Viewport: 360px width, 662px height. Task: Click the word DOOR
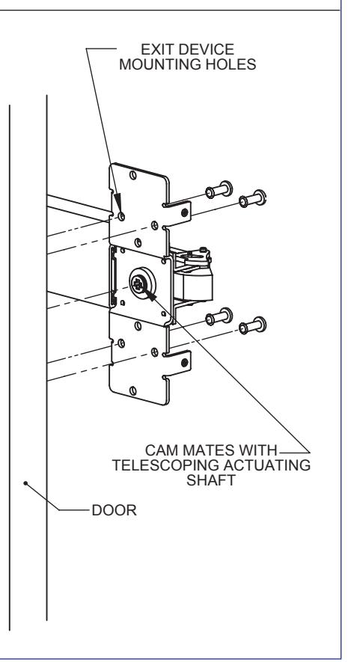(114, 510)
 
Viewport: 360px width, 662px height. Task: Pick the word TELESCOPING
(165, 465)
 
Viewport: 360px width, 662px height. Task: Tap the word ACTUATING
(266, 465)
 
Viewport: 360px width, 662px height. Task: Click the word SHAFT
(211, 480)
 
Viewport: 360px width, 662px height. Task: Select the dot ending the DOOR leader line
(25, 483)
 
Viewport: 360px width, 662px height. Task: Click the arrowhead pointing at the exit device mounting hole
(118, 203)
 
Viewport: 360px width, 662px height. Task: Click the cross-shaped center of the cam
(137, 285)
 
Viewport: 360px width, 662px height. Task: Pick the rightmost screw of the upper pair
(253, 198)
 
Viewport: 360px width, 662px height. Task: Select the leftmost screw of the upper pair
(219, 189)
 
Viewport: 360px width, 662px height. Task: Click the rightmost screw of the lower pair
(253, 325)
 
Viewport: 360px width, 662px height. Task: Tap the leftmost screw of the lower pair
(219, 316)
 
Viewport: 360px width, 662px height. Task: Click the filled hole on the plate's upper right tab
(185, 212)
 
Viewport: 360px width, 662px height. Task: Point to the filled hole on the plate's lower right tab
(185, 363)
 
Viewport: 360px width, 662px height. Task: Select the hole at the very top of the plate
(133, 175)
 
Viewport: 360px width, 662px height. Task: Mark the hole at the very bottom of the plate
(133, 390)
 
